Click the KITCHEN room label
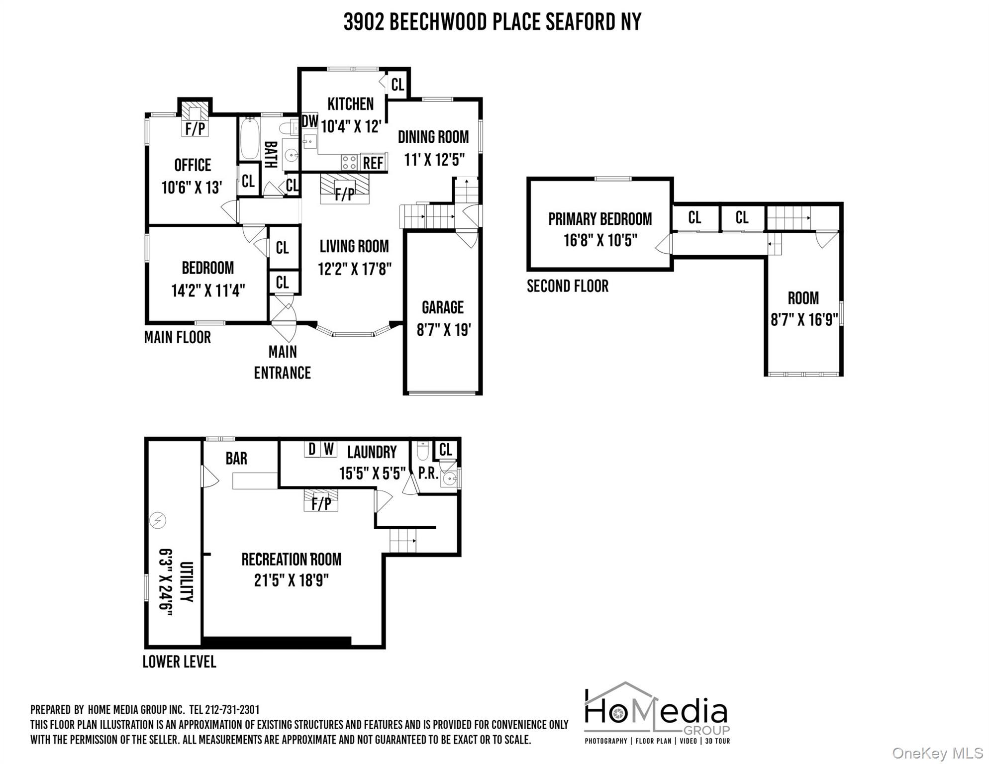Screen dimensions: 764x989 click(x=350, y=104)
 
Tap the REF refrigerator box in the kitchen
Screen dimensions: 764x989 click(x=373, y=163)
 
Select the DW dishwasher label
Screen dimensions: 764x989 click(x=309, y=121)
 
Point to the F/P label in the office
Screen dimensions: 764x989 click(x=195, y=129)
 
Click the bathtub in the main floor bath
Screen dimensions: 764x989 click(x=248, y=138)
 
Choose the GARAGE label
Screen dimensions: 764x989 click(x=442, y=307)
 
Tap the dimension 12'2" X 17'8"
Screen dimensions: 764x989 click(x=355, y=269)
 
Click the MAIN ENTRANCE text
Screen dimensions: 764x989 click(x=282, y=362)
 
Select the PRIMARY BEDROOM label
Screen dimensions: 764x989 click(x=599, y=219)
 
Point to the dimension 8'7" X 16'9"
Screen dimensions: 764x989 click(x=804, y=319)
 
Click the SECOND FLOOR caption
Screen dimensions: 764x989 click(x=567, y=286)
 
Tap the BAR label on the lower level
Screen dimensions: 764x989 click(x=236, y=458)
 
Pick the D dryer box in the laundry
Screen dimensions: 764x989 click(x=312, y=449)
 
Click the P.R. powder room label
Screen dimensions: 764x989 click(x=428, y=473)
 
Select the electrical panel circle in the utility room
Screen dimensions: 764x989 click(x=158, y=520)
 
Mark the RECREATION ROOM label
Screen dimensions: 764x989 click(x=291, y=559)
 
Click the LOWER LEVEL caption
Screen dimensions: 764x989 click(x=179, y=662)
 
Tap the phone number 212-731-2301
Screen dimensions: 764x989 click(x=232, y=710)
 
